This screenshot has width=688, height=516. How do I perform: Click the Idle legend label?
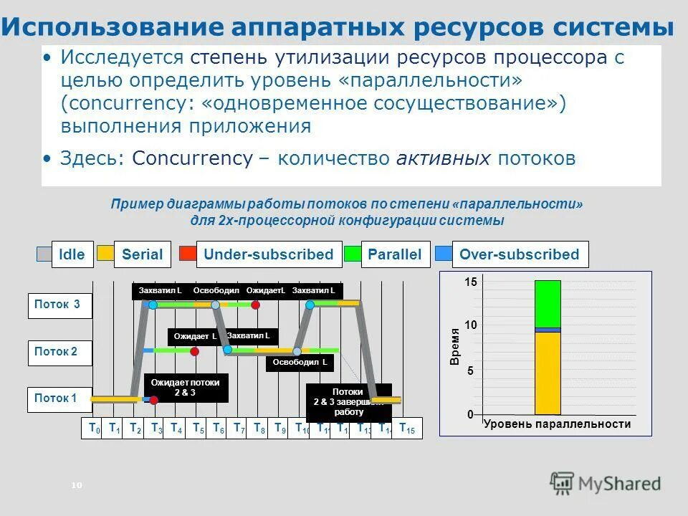[72, 254]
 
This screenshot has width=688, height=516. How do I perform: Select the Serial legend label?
[142, 254]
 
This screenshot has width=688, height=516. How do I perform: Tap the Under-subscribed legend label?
[268, 254]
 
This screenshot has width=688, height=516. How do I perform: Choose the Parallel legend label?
[394, 254]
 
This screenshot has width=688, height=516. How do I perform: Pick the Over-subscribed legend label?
[520, 254]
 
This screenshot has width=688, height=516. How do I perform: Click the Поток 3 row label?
[59, 305]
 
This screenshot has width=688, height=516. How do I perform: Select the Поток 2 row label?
[59, 352]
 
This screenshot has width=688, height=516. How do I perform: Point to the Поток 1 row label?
[59, 398]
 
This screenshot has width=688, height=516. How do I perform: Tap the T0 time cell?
[92, 428]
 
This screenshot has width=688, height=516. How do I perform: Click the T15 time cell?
[406, 428]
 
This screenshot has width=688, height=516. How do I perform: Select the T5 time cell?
[198, 428]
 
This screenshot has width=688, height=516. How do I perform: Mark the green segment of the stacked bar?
[548, 303]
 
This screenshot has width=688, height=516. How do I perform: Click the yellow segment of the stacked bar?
[548, 373]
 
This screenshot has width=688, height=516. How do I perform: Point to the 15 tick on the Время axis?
[470, 283]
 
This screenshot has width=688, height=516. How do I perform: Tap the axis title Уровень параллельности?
[557, 424]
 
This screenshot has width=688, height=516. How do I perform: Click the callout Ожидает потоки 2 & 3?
[186, 388]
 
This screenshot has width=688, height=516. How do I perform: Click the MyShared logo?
[605, 484]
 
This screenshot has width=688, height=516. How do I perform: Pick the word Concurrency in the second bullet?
[191, 158]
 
